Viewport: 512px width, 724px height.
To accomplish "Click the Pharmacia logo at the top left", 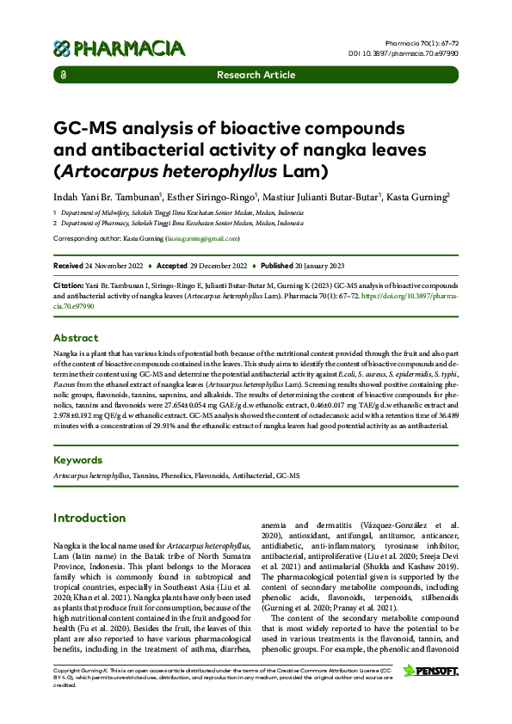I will (119, 48).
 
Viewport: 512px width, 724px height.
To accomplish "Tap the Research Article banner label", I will (256, 75).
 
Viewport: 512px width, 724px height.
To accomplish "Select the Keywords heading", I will (78, 460).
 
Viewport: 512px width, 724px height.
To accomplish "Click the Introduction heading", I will (89, 518).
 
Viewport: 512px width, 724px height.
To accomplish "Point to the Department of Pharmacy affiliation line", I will (181, 223).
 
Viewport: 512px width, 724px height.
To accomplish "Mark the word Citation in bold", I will (68, 282).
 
